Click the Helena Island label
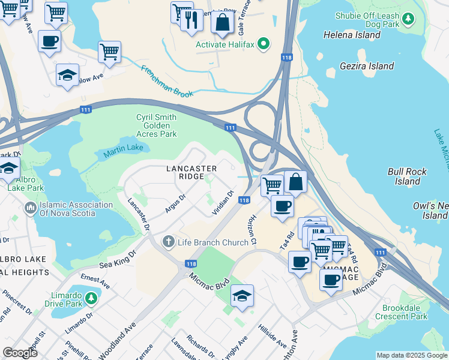(352, 35)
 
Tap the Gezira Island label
(366, 66)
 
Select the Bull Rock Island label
(407, 176)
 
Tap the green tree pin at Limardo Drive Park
(91, 298)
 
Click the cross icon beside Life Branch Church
(169, 242)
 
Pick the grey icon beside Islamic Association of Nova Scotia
(31, 209)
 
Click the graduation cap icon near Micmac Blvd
(242, 296)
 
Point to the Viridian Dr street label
(223, 204)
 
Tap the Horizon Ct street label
(252, 230)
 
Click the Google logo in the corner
(20, 353)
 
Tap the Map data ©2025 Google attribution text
(411, 355)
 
